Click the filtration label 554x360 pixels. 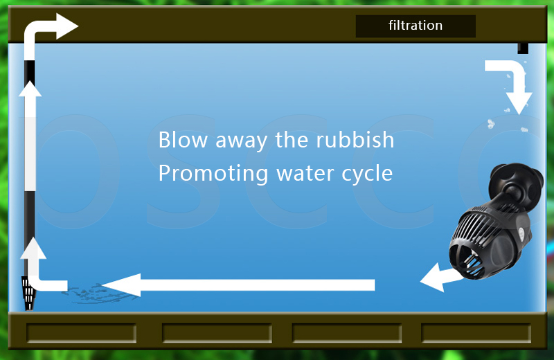click(x=415, y=26)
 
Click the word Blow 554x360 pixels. click(x=183, y=140)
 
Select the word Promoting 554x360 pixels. click(x=213, y=174)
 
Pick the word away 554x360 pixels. click(x=241, y=141)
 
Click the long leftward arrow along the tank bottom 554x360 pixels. click(x=238, y=285)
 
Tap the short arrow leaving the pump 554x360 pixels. click(x=441, y=278)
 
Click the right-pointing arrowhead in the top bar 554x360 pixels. click(x=67, y=26)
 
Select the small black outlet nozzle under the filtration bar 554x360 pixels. click(x=523, y=48)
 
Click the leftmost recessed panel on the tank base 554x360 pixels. click(x=81, y=333)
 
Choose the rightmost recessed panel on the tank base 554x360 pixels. click(x=476, y=333)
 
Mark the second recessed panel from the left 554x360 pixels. click(x=217, y=333)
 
